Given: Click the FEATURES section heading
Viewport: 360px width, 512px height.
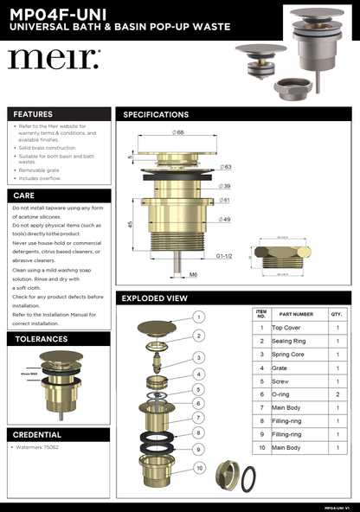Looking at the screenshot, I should pyautogui.click(x=33, y=114).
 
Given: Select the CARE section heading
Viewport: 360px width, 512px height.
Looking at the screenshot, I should pyautogui.click(x=24, y=195).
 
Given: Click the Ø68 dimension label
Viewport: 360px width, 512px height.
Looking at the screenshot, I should pyautogui.click(x=177, y=132).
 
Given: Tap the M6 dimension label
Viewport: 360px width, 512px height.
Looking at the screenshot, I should pyautogui.click(x=194, y=277).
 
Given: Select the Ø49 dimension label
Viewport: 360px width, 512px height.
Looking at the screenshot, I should pyautogui.click(x=224, y=219).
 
